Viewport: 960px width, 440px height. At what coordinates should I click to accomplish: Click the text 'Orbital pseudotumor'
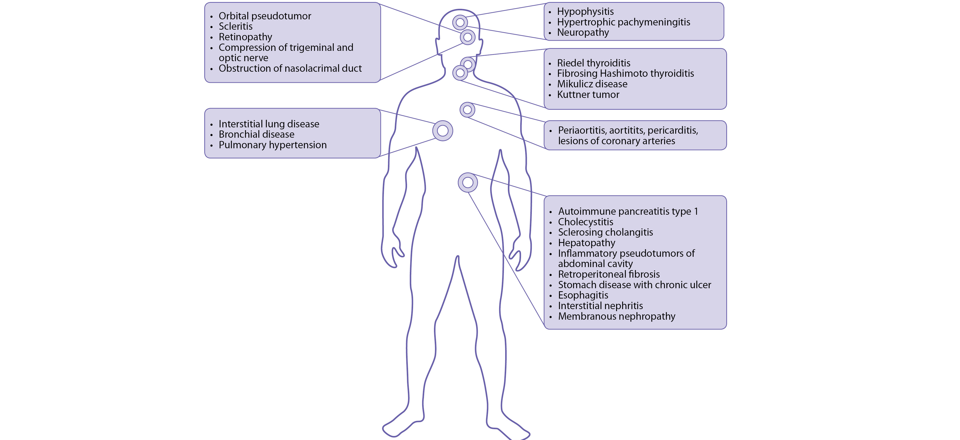tap(265, 16)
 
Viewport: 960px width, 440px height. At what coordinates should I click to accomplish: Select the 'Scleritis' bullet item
tap(235, 26)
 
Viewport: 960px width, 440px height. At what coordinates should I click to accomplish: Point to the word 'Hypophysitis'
tap(585, 12)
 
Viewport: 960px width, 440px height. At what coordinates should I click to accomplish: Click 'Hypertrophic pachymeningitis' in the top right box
tap(623, 22)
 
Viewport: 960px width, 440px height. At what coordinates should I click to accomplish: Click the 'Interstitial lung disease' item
tap(269, 124)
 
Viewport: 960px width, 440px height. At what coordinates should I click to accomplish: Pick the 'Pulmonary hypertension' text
tap(272, 145)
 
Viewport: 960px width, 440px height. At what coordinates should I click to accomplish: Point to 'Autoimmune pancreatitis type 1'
tap(628, 211)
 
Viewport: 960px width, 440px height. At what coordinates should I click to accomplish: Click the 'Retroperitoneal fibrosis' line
tap(609, 274)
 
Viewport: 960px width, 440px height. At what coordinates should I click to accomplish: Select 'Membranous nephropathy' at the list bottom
tap(616, 317)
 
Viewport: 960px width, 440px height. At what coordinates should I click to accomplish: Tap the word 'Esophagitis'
tap(583, 295)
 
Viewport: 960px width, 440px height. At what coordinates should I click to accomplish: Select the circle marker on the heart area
tap(467, 110)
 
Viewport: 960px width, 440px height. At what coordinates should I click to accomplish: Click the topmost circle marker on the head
tap(460, 22)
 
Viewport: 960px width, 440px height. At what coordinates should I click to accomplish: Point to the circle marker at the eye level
tap(468, 37)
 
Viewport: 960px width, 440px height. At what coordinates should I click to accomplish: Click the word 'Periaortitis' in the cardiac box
tap(582, 130)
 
